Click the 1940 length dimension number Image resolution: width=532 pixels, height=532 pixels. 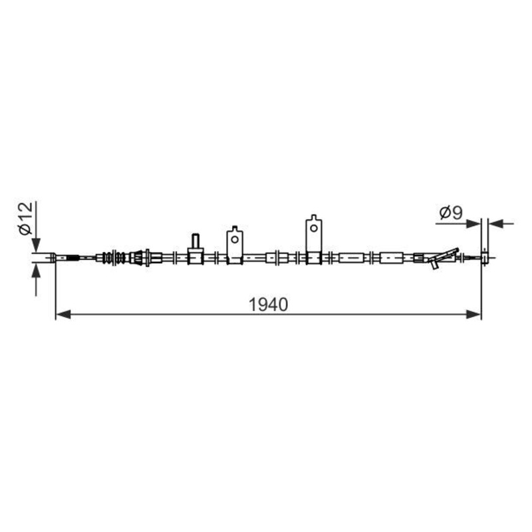click(x=268, y=305)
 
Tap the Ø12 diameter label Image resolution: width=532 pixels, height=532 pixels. click(x=26, y=218)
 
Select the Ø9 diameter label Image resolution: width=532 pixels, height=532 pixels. click(x=451, y=213)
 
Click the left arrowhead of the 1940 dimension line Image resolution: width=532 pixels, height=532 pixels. click(x=63, y=315)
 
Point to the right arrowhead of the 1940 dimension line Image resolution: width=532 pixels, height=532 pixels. click(x=473, y=315)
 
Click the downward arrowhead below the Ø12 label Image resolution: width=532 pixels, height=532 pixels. click(x=36, y=245)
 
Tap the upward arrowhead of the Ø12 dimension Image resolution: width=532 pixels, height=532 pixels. click(x=36, y=271)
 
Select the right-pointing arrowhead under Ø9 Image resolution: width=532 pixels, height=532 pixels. click(x=473, y=223)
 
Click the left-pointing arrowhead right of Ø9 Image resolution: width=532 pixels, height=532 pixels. click(x=495, y=223)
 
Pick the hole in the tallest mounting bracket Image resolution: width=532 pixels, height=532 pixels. click(x=314, y=227)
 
